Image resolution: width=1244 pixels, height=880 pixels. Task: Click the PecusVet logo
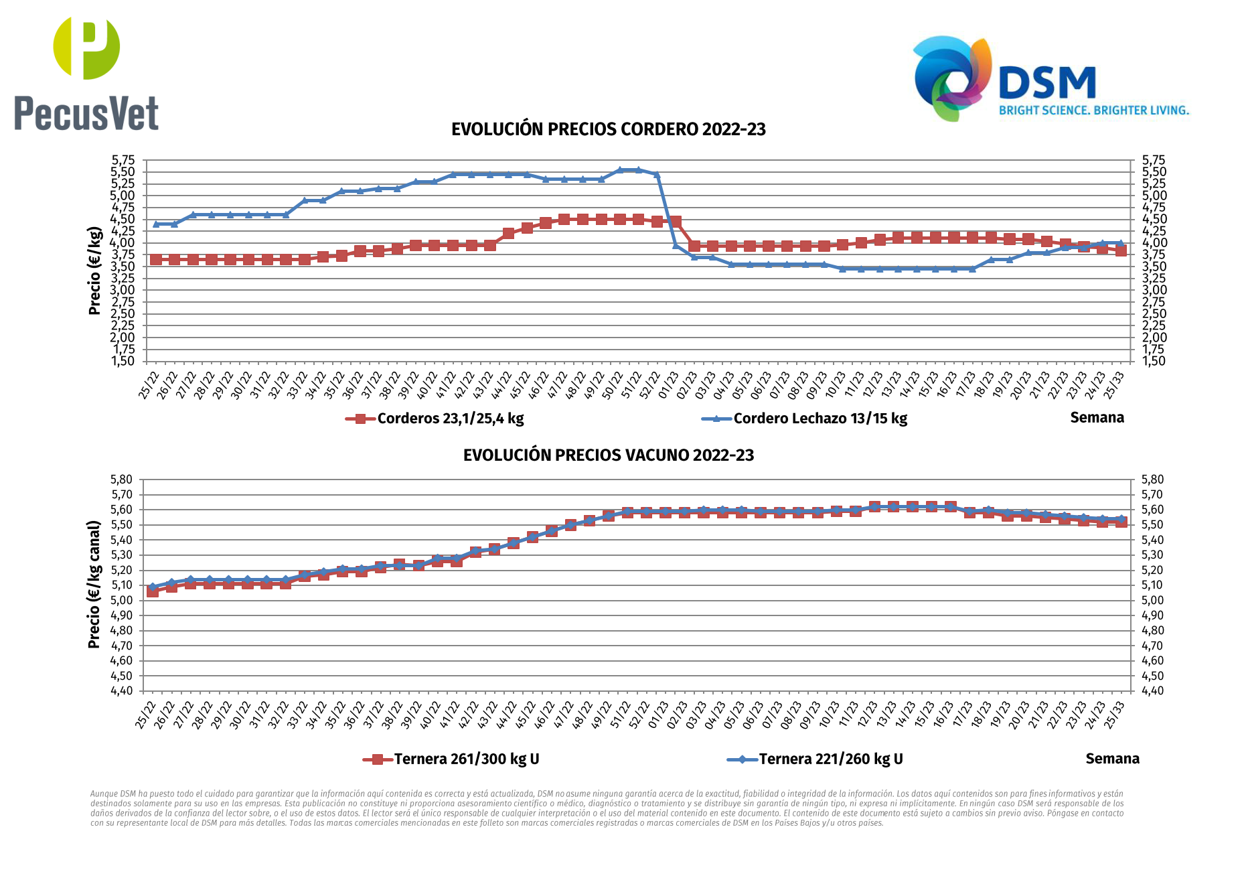86,74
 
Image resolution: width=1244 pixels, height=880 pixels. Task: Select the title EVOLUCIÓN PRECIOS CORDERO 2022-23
608,129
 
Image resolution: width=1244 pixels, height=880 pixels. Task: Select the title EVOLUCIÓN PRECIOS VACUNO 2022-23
608,455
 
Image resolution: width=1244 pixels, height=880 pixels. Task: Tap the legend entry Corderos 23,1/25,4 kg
449,419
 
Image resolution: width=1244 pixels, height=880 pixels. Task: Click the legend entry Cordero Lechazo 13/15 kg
820,419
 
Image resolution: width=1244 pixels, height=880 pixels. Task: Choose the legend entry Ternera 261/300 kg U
466,759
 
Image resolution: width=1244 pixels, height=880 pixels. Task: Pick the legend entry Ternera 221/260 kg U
830,759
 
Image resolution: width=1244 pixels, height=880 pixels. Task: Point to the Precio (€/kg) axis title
94,271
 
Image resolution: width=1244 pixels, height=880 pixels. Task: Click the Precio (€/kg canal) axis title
94,584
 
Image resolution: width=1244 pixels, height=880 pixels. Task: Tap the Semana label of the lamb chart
1097,418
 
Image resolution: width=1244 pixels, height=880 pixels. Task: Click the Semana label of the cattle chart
1112,759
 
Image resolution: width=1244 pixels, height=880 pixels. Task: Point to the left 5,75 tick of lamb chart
123,160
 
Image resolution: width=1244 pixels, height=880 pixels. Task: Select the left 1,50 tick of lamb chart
123,361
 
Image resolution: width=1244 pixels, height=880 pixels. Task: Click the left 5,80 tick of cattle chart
121,480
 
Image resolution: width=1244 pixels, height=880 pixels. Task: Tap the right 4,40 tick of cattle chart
1152,690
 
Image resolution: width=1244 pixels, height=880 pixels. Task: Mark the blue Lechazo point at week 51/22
638,170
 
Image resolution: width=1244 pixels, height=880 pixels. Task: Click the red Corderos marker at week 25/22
156,259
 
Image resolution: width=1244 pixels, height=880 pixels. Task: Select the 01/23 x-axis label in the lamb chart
668,386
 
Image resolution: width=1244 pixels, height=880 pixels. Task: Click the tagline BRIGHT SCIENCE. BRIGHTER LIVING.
1093,111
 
